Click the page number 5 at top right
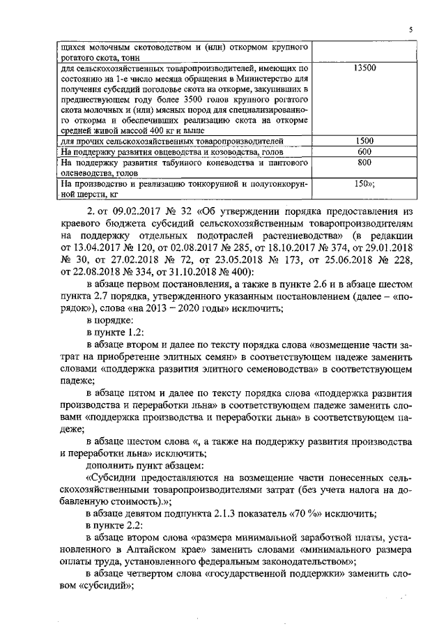[411, 29]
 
